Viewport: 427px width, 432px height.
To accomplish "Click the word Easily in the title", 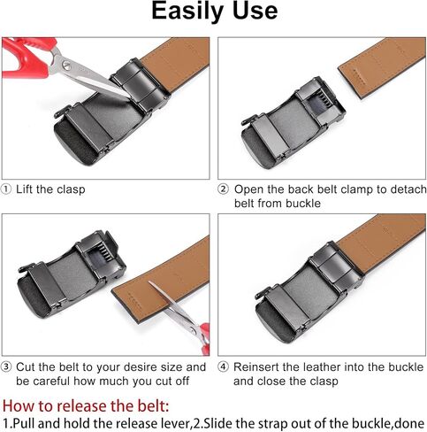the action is [188, 12].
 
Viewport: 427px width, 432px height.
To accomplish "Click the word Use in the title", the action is [255, 11].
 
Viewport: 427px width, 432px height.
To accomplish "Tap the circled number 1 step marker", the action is [6, 189].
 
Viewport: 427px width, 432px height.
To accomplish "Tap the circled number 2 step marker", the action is [223, 189].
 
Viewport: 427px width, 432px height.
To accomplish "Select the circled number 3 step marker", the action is [6, 367].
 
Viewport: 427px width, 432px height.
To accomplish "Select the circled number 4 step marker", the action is [223, 367].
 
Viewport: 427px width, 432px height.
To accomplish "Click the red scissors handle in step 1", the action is [27, 58].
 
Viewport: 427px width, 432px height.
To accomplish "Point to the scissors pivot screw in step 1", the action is [66, 66].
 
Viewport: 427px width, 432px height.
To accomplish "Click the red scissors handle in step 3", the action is [204, 339].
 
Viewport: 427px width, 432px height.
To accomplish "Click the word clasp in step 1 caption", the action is [71, 189].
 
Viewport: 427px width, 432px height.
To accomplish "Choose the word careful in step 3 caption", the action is [52, 382].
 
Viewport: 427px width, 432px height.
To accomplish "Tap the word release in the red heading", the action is [83, 405].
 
